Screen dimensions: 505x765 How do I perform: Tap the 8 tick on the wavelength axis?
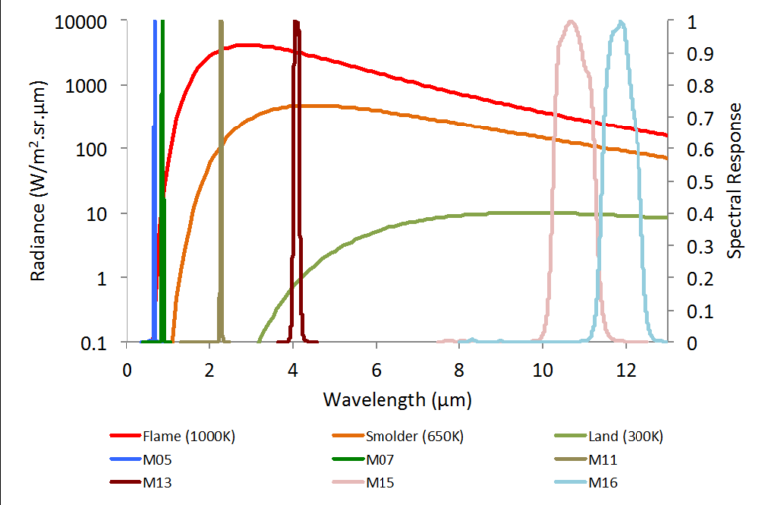pyautogui.click(x=458, y=367)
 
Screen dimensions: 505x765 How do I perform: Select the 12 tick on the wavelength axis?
pyautogui.click(x=625, y=367)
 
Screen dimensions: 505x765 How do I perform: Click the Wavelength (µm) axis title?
pyautogui.click(x=396, y=400)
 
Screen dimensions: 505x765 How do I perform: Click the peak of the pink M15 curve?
pyautogui.click(x=571, y=22)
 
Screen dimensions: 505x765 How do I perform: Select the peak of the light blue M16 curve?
pyautogui.click(x=622, y=22)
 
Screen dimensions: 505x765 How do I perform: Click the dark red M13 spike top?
pyautogui.click(x=295, y=22)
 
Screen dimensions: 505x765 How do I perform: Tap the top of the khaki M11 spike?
pyautogui.click(x=221, y=22)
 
